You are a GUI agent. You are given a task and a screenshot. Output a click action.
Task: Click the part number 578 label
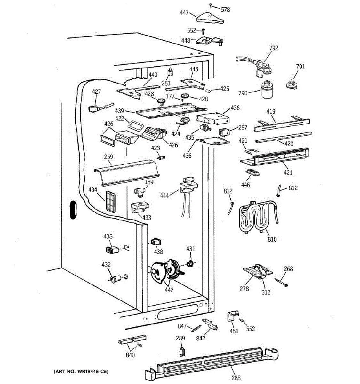[x=226, y=9]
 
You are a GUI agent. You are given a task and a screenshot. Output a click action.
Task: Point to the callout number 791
[x=300, y=67]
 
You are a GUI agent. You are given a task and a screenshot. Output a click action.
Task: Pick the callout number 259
[x=108, y=156]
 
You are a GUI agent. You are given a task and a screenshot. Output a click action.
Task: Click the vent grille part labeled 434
[x=110, y=202]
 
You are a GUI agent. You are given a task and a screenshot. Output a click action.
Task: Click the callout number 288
[x=236, y=377]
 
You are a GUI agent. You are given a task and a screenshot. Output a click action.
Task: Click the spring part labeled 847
[x=196, y=328]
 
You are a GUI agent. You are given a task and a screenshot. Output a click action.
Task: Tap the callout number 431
[x=190, y=249]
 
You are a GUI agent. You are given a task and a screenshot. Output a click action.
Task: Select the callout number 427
[x=96, y=92]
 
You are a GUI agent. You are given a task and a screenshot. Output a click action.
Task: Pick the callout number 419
[x=271, y=112]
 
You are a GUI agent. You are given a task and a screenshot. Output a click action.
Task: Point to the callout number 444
[x=164, y=196]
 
